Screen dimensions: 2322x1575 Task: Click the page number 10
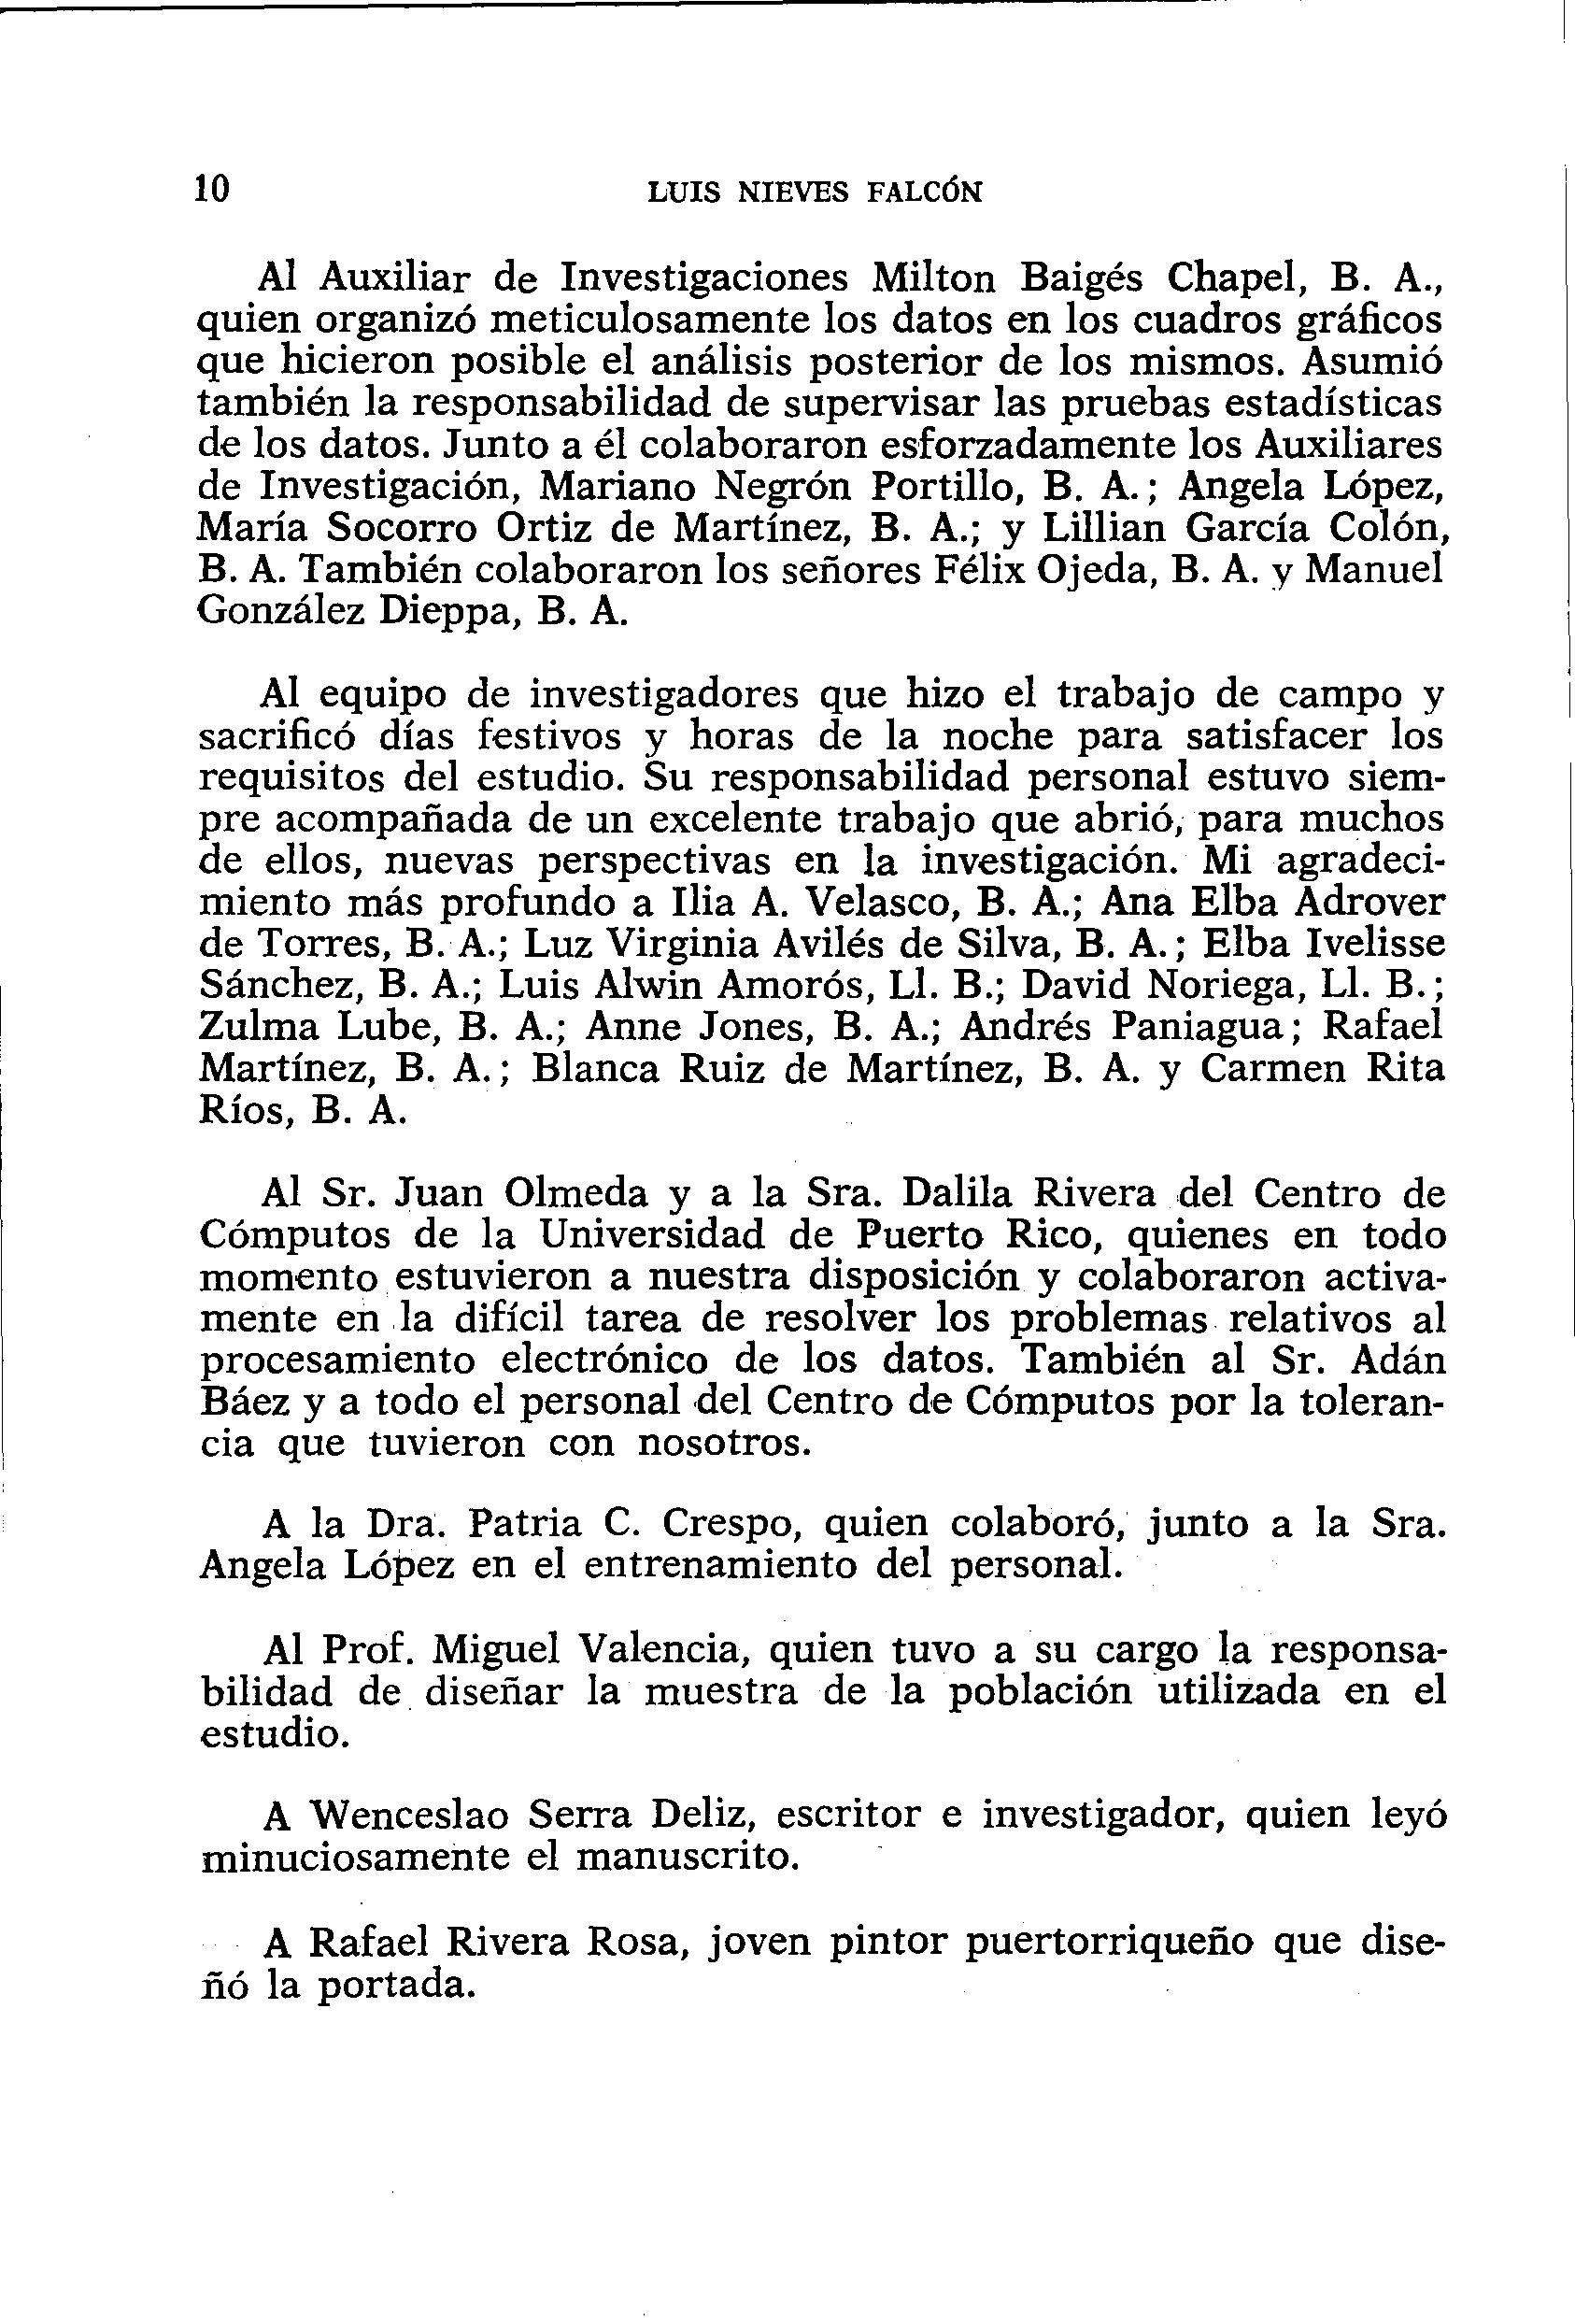coord(212,188)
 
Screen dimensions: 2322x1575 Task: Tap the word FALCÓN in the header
coord(925,191)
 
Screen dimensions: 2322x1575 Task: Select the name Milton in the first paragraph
coord(933,278)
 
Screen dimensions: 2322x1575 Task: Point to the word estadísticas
coord(1333,403)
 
